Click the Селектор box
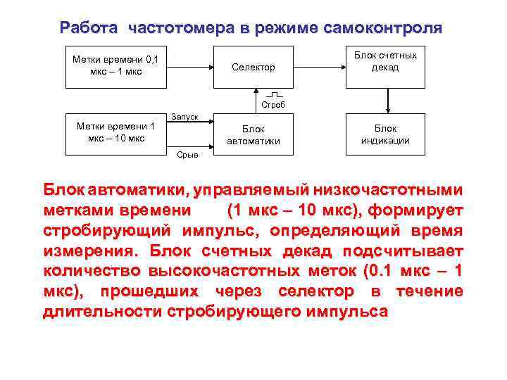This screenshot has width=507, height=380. coord(253,67)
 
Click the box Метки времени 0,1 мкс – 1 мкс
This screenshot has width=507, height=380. coord(115,67)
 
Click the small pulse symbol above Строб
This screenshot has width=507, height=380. coord(275,94)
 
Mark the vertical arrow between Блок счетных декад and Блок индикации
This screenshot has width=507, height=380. coord(385,101)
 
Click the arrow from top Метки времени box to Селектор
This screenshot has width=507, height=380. coord(189,67)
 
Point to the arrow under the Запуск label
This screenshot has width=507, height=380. coord(189,124)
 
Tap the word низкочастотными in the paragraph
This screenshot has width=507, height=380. coord(398,190)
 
